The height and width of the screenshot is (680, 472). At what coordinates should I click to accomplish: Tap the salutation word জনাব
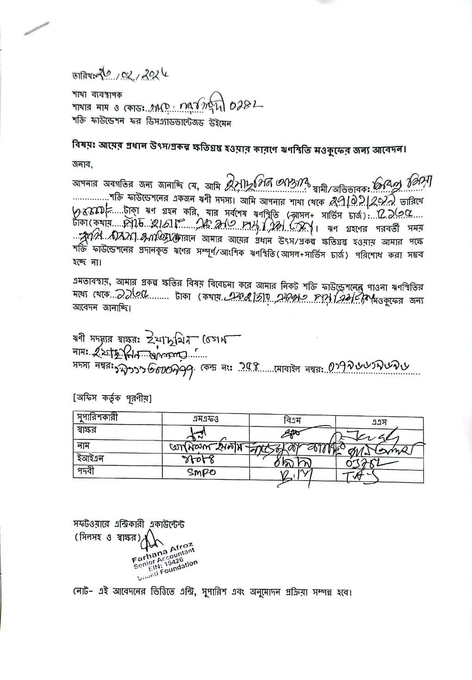pyautogui.click(x=82, y=164)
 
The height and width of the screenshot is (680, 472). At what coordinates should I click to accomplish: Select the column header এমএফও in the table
pyautogui.click(x=206, y=419)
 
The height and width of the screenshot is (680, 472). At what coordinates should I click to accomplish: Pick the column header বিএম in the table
pyautogui.click(x=292, y=420)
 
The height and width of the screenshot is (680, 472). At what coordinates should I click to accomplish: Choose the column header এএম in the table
pyautogui.click(x=379, y=421)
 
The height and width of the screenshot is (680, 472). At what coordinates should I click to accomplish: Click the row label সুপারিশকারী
pyautogui.click(x=97, y=417)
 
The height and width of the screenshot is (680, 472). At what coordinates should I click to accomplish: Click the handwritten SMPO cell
pyautogui.click(x=202, y=472)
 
